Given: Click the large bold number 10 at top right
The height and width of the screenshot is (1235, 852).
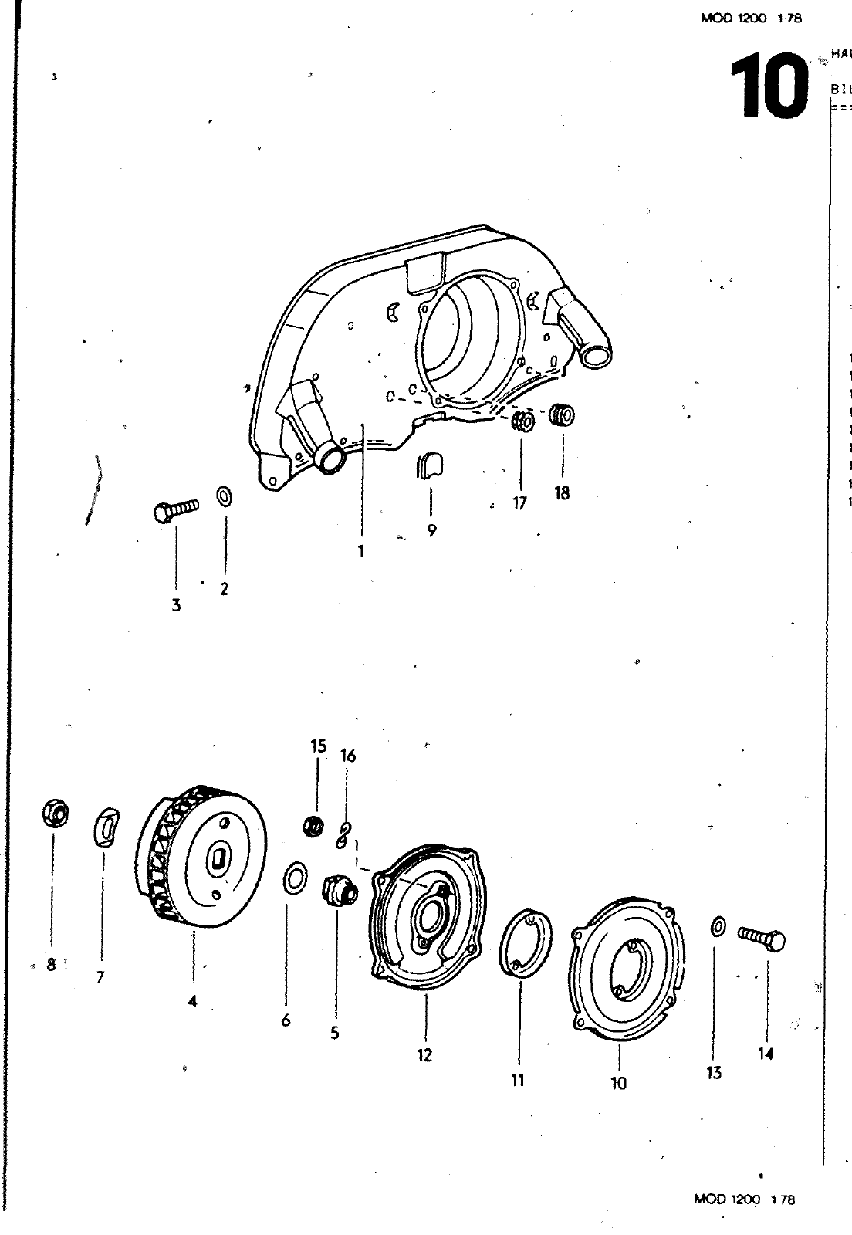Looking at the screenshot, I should pos(767,86).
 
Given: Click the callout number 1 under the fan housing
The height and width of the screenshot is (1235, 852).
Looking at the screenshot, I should pos(360,551).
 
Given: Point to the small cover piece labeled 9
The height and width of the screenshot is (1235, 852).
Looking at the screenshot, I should pos(430,466).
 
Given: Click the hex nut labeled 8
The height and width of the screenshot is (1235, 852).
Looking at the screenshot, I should pos(54,814).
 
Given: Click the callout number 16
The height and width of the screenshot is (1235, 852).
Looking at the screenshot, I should pos(348,756).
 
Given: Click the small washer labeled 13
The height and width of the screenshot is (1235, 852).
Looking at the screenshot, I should pos(717,925).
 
